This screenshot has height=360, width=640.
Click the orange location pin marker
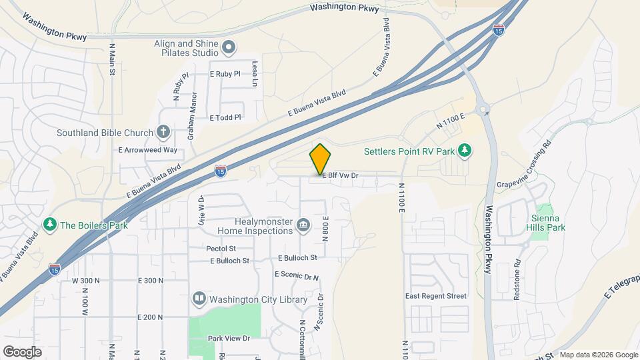click(320, 159)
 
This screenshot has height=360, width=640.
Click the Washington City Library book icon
click(199, 299)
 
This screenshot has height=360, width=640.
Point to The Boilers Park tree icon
click(49, 225)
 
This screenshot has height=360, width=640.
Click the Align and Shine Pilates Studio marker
click(229, 47)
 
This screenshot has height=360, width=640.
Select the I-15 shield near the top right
click(499, 30)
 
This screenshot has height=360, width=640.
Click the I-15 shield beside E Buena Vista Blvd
click(220, 172)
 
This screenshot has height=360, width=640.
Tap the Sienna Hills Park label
click(548, 223)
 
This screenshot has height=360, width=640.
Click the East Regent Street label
click(436, 296)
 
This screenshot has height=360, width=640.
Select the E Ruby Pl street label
click(225, 74)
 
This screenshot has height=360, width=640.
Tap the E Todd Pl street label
click(225, 117)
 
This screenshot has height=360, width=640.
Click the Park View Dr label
click(228, 339)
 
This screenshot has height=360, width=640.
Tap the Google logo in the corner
click(22, 351)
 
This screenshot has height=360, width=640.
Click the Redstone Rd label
click(517, 279)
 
